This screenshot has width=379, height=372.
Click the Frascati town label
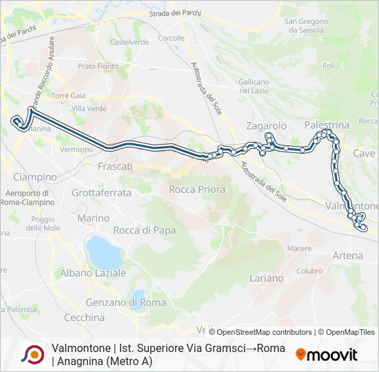click(115, 167)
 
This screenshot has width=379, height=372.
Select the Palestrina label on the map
click(327, 125)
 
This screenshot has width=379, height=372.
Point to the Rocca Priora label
click(197, 189)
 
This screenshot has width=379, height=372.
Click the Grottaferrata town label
click(101, 193)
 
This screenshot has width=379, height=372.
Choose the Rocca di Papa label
click(144, 230)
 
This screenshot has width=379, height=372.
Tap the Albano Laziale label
click(99, 273)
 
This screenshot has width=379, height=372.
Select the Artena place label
click(347, 256)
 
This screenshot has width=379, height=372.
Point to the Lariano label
click(267, 278)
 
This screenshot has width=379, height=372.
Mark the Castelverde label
click(130, 42)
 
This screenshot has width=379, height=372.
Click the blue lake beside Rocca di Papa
click(104, 253)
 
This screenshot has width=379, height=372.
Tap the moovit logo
click(327, 355)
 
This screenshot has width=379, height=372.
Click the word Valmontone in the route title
click(79, 348)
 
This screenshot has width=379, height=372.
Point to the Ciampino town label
click(34, 177)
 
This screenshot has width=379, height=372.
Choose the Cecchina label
click(84, 318)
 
